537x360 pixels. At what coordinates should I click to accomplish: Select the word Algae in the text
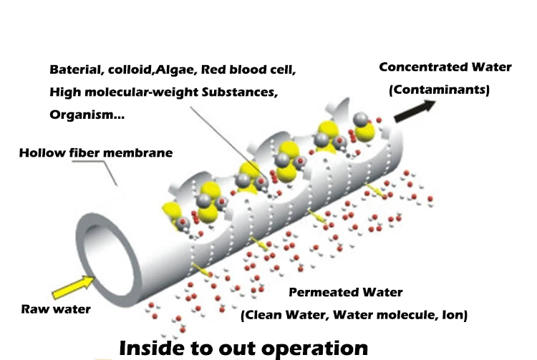coord(178,70)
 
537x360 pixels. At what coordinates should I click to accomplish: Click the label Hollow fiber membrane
coord(95,152)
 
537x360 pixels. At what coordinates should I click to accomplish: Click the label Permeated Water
coord(345,292)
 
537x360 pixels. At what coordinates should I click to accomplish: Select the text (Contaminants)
coord(439,90)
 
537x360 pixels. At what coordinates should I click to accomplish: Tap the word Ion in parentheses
coord(455,314)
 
